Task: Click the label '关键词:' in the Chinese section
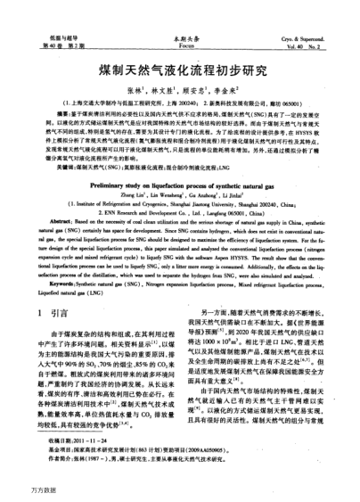click(x=47, y=165)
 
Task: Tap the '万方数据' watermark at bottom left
click(x=20, y=490)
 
